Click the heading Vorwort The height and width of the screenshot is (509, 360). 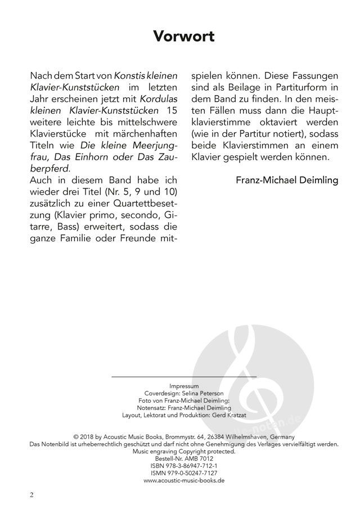[x=184, y=37]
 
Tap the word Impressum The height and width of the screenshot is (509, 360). [x=184, y=386]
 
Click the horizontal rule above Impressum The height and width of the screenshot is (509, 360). [x=184, y=376]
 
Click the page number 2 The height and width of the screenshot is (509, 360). [x=32, y=495]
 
